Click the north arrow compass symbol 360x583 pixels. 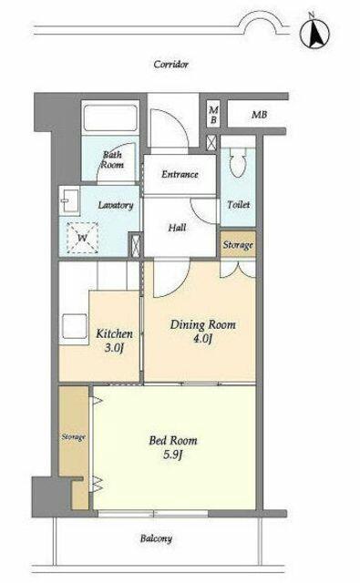(314, 33)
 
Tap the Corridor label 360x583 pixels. (171, 65)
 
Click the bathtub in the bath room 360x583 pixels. (109, 118)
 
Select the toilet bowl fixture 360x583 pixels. (238, 162)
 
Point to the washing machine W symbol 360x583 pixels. (82, 238)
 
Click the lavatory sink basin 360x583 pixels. (70, 200)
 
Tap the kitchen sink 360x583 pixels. (75, 326)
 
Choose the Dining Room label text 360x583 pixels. (202, 325)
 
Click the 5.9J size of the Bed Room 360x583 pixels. (173, 455)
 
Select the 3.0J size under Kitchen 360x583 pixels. (114, 348)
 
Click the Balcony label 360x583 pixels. (156, 538)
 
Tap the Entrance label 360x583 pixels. (180, 174)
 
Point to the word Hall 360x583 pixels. (177, 228)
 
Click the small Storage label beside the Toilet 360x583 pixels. (238, 245)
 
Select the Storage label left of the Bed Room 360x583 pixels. (74, 437)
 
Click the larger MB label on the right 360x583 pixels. (259, 115)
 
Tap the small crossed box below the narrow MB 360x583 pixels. (211, 142)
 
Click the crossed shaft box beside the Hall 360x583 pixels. (136, 245)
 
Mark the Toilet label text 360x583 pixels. (239, 204)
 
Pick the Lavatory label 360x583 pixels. (115, 205)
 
